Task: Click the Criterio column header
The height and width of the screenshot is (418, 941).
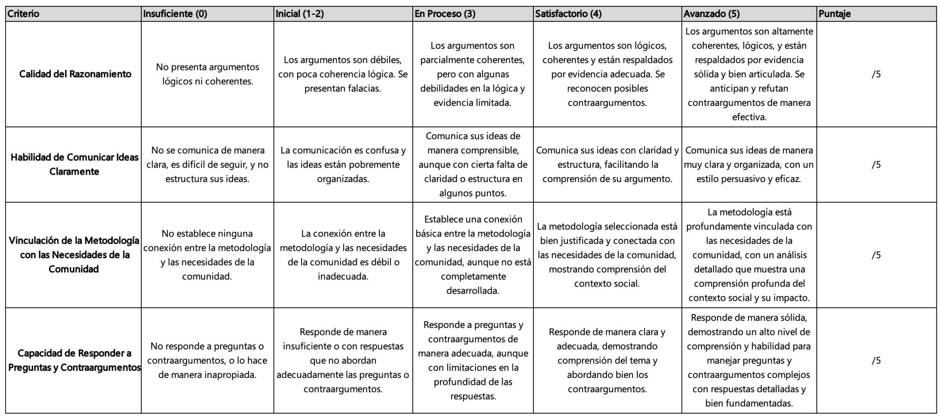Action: [23, 14]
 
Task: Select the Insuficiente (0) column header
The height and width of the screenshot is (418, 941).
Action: [175, 14]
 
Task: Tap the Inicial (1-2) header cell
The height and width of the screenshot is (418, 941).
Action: [300, 14]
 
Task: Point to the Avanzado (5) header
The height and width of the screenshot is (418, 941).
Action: [711, 14]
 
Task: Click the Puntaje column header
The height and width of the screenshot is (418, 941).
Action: [834, 14]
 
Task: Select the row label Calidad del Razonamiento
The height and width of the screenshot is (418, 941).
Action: [75, 74]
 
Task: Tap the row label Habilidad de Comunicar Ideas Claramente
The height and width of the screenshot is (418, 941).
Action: [74, 164]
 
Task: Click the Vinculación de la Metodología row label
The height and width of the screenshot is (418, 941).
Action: [74, 255]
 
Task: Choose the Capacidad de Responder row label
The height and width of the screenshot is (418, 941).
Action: [74, 361]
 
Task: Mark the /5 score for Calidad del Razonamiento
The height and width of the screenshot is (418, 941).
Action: [876, 74]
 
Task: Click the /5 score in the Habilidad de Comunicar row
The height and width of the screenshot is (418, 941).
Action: [876, 164]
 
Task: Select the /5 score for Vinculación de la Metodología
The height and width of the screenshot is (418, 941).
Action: [876, 255]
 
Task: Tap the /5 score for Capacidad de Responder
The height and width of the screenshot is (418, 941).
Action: [876, 361]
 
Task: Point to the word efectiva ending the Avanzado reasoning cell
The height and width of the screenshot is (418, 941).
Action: [749, 117]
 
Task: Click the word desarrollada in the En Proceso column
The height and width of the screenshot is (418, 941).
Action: [472, 291]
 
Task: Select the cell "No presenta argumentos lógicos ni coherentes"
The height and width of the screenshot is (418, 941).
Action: [207, 74]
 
